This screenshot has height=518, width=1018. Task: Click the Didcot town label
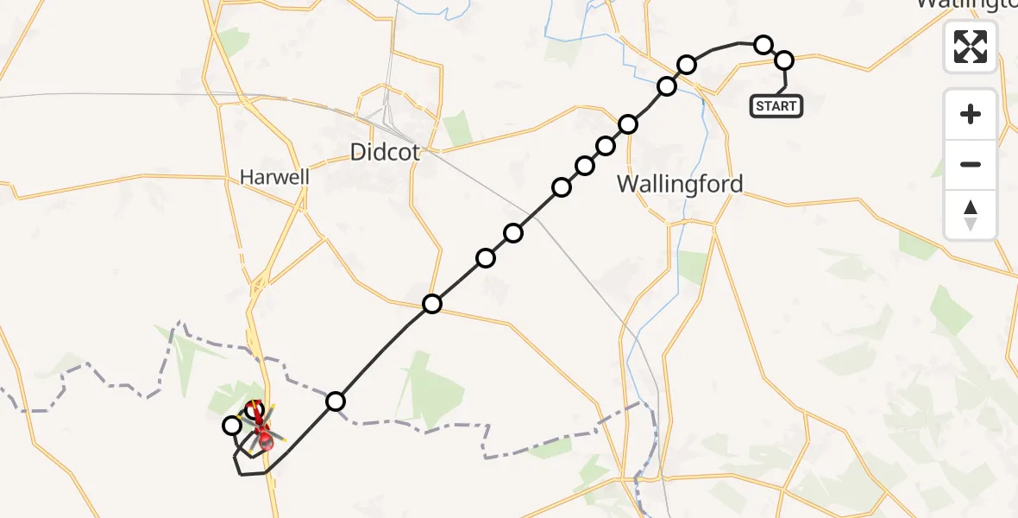pos(385,153)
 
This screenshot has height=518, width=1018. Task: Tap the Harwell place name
pos(274,177)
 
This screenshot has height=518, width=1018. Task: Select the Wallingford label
pos(680,184)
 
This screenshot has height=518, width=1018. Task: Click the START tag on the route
pos(776,106)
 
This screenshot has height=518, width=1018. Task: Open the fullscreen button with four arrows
pos(971,47)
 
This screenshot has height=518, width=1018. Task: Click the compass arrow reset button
pos(971,215)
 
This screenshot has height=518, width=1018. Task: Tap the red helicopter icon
pos(261,427)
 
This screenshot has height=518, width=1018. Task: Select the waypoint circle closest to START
pos(784,60)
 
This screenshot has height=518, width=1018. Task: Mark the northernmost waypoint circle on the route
pos(763,44)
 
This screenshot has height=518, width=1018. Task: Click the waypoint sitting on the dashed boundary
pos(336,401)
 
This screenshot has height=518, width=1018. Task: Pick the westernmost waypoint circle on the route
pos(232,425)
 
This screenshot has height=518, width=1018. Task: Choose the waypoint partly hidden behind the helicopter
pos(254,408)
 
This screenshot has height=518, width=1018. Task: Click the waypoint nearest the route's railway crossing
pos(513,232)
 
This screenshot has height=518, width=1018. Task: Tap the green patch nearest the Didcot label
pos(457,127)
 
